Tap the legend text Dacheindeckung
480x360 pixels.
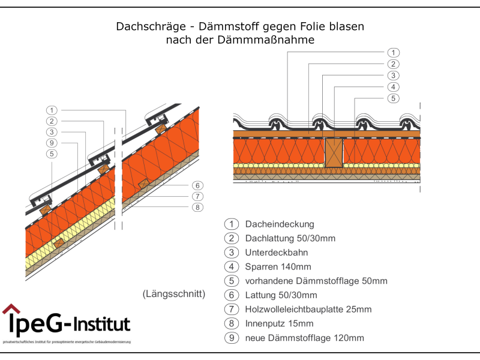pyautogui.click(x=280, y=224)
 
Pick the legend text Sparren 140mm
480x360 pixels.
pyautogui.click(x=278, y=267)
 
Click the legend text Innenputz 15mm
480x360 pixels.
pyautogui.click(x=279, y=324)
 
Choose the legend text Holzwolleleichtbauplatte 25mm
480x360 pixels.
pyautogui.click(x=308, y=310)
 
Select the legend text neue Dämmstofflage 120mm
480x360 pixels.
pyautogui.click(x=304, y=338)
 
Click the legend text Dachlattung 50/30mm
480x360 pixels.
pyautogui.click(x=290, y=239)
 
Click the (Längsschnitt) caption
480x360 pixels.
pyautogui.click(x=174, y=294)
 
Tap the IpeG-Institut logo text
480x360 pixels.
pyautogui.click(x=69, y=325)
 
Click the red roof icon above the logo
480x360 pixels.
pyautogui.click(x=11, y=310)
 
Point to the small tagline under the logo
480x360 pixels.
pyautogui.click(x=67, y=341)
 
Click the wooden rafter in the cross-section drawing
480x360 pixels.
pyautogui.click(x=332, y=153)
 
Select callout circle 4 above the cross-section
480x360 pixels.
pyautogui.click(x=393, y=86)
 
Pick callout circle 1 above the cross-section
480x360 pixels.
pyautogui.click(x=393, y=52)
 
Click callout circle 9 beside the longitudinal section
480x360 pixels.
pyautogui.click(x=52, y=143)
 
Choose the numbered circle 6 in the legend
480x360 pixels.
pyautogui.click(x=232, y=295)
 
